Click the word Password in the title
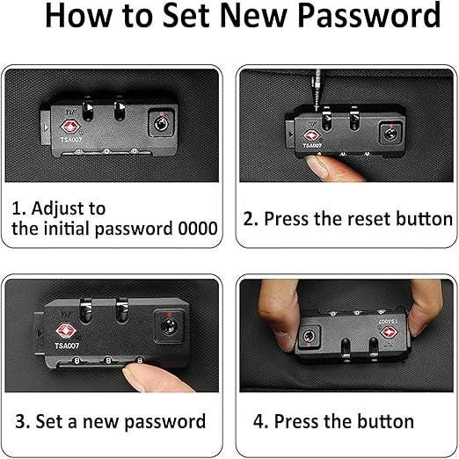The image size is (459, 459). tap(369, 16)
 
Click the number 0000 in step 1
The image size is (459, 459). tap(198, 229)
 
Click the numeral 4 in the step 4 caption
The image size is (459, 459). tap(259, 421)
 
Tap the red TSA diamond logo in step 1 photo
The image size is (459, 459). tap(69, 127)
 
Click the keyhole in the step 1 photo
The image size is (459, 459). tap(161, 124)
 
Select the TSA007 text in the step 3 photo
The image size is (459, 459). tap(67, 346)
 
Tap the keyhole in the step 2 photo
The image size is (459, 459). tap(390, 135)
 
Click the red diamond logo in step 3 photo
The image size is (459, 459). tap(66, 331)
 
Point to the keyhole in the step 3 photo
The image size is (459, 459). tap(169, 326)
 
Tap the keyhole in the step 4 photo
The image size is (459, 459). tap(309, 337)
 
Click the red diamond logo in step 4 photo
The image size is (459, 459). tap(389, 332)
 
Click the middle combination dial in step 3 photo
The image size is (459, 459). tap(108, 360)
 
